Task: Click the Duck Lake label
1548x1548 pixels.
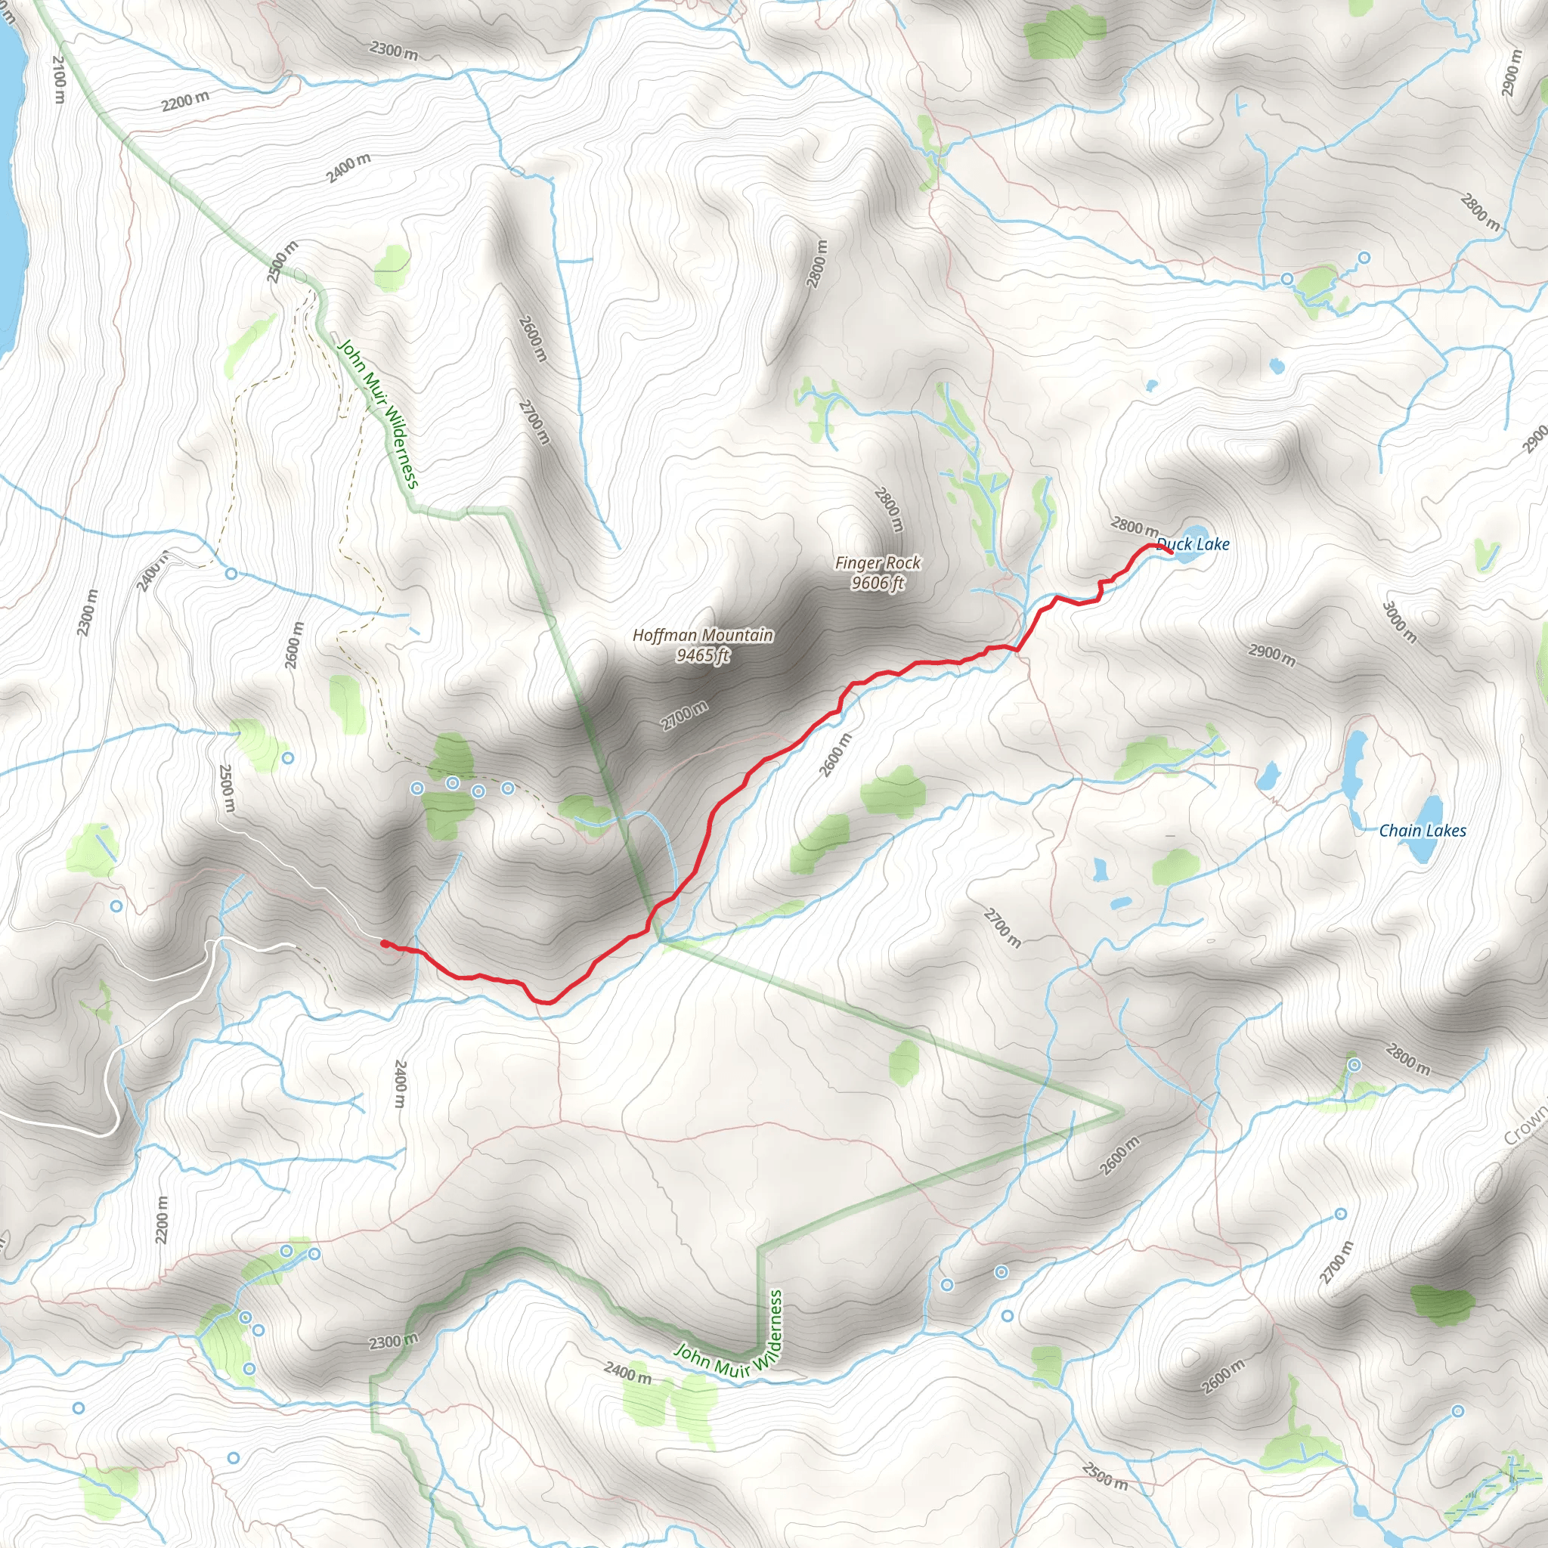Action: (x=1192, y=545)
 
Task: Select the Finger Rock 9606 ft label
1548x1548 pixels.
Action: (x=878, y=573)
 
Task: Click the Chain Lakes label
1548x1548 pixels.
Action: (x=1422, y=831)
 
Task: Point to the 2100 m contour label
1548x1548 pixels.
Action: (x=57, y=79)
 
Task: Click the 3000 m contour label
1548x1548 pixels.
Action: (x=1399, y=623)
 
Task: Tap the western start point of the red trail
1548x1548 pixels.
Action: (x=385, y=944)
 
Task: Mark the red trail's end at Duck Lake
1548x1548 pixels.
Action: (x=1172, y=552)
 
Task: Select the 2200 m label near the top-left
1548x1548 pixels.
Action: (x=185, y=101)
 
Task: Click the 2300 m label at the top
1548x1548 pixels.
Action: (x=393, y=51)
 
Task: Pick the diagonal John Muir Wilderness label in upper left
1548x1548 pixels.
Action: (x=378, y=413)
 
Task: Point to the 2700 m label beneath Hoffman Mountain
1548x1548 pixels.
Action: (x=684, y=716)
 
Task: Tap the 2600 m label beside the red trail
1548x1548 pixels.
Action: (x=835, y=755)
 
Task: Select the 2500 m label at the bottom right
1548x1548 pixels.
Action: (x=1104, y=1476)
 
